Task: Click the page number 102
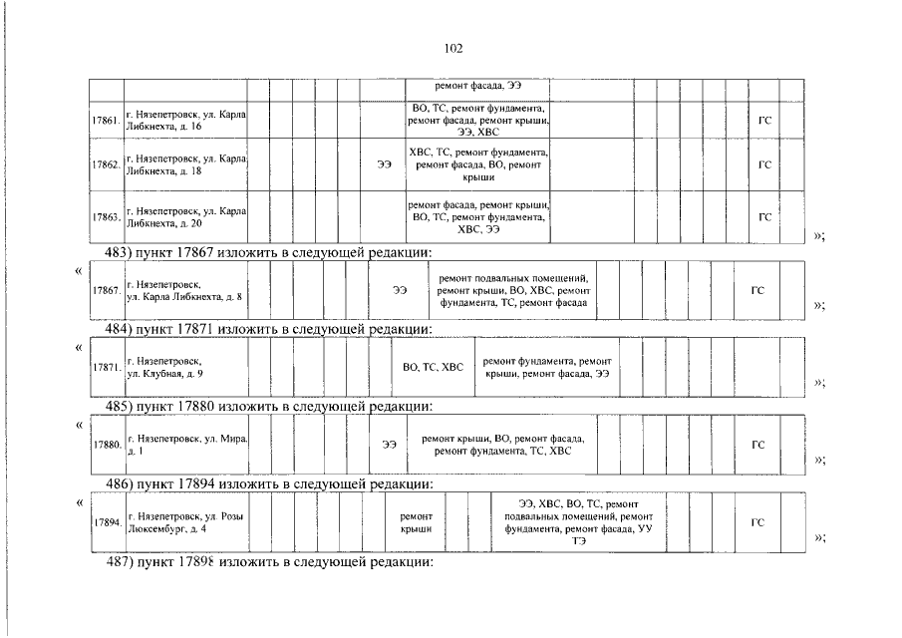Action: (x=451, y=48)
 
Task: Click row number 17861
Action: (x=105, y=121)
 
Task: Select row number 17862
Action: (x=105, y=163)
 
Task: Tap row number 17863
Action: (x=105, y=216)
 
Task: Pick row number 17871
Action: (x=105, y=367)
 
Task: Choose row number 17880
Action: (x=105, y=445)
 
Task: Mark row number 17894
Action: (x=105, y=522)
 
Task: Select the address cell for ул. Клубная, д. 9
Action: (x=184, y=367)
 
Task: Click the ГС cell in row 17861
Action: (x=764, y=121)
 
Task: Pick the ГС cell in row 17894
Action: (x=757, y=522)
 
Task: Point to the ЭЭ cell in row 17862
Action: (x=384, y=163)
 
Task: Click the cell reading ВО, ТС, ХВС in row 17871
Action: (x=433, y=367)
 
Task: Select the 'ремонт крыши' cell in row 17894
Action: (x=416, y=522)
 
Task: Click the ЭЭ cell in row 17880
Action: (x=389, y=445)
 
